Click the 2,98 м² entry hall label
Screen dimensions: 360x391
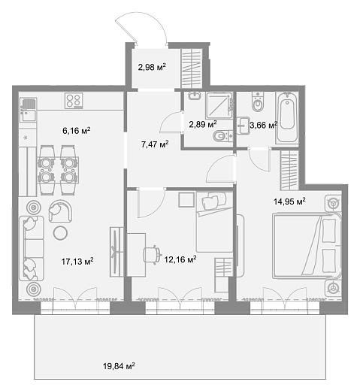(x=152, y=67)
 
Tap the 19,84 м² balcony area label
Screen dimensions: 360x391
(x=119, y=366)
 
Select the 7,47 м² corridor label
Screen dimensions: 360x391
(x=155, y=144)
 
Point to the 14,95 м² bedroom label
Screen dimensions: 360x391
(x=289, y=201)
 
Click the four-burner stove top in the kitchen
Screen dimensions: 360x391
(x=74, y=101)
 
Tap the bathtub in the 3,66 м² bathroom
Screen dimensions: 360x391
(x=287, y=118)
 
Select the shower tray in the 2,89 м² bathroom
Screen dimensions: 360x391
(x=219, y=105)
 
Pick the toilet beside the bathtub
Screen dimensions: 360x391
(x=258, y=102)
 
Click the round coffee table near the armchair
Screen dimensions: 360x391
(x=60, y=233)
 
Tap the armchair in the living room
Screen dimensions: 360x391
(x=60, y=211)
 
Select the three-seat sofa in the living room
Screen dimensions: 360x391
(x=32, y=248)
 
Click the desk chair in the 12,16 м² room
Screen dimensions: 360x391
(x=152, y=255)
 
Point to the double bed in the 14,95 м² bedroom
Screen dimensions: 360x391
(x=307, y=246)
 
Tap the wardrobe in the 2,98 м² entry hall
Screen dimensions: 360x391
(x=192, y=68)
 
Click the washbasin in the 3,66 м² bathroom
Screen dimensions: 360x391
(x=243, y=126)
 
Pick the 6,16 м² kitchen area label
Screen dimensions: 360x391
(x=76, y=131)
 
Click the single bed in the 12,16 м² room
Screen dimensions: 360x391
(x=214, y=222)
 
